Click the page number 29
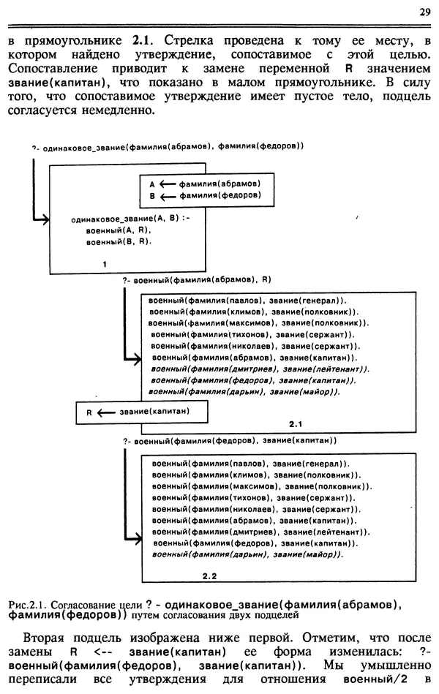(424, 11)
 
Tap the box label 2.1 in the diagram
(296, 423)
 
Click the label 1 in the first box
(105, 263)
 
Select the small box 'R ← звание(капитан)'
(138, 412)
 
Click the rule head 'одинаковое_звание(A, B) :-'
(130, 219)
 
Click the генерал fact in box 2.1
(247, 300)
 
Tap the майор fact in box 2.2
(248, 555)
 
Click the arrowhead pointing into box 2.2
(138, 540)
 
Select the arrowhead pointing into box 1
(46, 219)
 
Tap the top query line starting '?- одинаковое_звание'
(168, 146)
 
